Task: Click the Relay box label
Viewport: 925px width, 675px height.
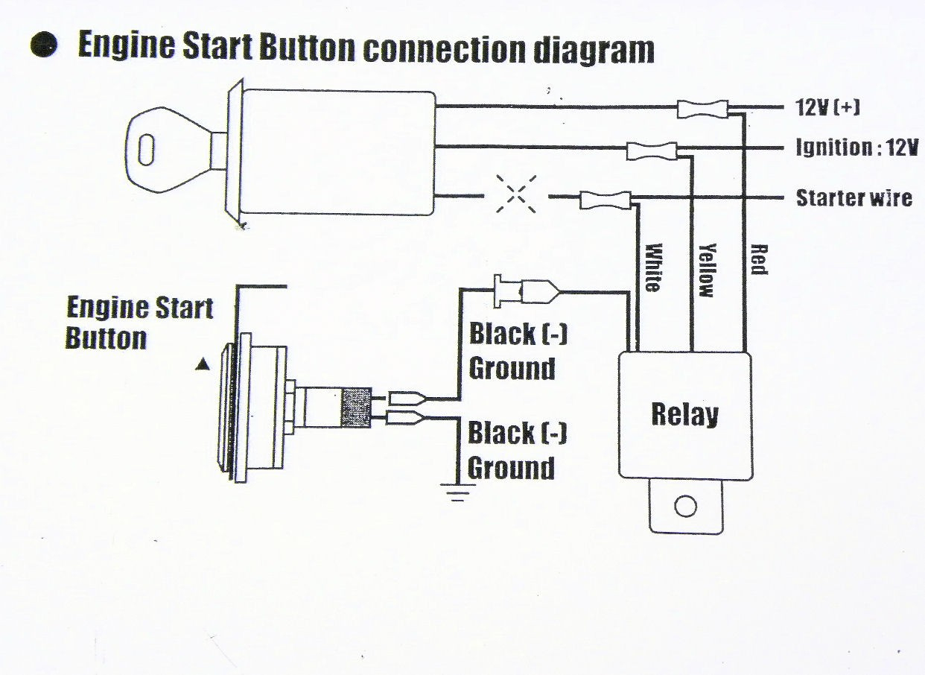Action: (684, 414)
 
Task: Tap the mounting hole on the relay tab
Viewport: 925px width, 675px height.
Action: (684, 507)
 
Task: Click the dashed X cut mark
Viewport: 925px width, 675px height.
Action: (515, 195)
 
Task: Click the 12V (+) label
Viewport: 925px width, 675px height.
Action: (826, 108)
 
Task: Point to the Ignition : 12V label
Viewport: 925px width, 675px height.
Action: (856, 148)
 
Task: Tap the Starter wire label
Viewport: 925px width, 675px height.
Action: (854, 198)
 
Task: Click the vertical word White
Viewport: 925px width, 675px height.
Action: (653, 267)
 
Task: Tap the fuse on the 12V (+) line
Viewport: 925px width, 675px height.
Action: (702, 110)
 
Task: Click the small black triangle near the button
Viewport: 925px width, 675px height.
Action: (200, 364)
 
